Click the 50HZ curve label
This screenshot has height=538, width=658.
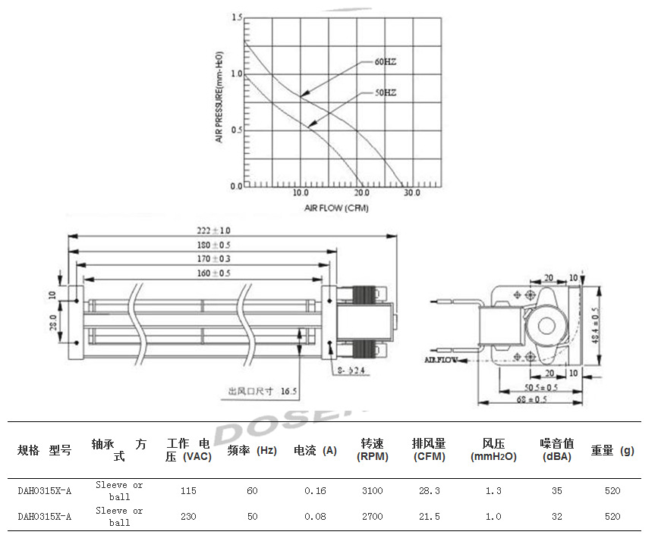click(x=384, y=93)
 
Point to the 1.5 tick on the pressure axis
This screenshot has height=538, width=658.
click(x=237, y=17)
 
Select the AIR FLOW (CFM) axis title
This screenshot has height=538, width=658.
click(x=336, y=208)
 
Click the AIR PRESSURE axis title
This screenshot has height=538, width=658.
click(x=219, y=97)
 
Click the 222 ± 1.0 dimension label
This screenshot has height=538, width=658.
click(x=213, y=230)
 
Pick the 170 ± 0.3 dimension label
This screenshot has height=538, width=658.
click(x=213, y=259)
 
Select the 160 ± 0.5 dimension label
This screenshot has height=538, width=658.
click(x=213, y=273)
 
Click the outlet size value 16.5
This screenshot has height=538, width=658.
click(x=288, y=392)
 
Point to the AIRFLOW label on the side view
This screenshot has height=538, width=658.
click(x=441, y=360)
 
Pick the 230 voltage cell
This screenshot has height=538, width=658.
click(x=188, y=517)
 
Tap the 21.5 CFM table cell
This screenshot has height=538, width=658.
click(x=429, y=517)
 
